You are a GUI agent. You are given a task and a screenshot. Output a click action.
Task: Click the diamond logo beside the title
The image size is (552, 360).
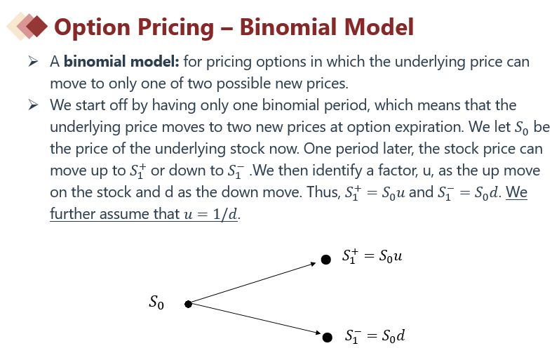27,26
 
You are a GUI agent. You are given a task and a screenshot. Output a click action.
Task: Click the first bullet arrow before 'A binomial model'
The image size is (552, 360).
33,62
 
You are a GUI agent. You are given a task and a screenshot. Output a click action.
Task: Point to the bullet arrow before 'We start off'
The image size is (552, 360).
33,105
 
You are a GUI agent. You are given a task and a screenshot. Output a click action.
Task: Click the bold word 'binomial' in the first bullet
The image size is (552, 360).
95,62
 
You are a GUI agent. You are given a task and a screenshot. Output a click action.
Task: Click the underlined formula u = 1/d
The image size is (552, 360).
210,214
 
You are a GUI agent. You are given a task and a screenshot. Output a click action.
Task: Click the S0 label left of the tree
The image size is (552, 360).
156,302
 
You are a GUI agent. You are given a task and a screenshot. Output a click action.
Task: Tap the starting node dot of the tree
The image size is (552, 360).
189,304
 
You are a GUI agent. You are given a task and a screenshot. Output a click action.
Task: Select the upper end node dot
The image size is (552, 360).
326,260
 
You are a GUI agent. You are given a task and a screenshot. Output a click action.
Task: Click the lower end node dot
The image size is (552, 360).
328,338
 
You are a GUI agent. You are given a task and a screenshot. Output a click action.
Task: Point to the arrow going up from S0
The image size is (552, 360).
253,283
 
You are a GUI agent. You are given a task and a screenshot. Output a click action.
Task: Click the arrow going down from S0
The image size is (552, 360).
255,319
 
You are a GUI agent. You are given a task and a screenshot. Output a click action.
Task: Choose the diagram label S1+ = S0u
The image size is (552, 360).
372,256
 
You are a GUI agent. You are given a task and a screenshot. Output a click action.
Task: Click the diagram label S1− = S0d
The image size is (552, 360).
375,335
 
